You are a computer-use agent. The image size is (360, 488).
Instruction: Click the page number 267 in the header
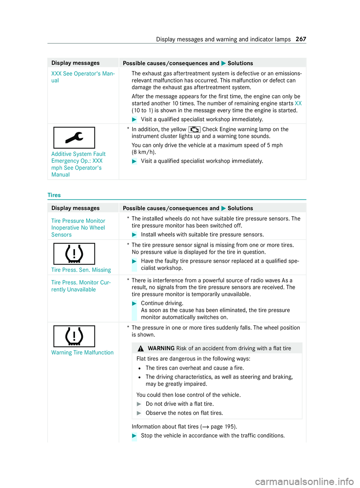[x=301, y=39]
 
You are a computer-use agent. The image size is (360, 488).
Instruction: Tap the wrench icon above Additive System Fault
[x=74, y=138]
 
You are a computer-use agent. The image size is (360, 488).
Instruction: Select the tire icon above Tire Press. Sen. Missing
[x=74, y=254]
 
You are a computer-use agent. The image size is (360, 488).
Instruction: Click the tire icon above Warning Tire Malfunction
[x=74, y=336]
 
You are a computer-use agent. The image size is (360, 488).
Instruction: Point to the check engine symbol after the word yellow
[x=194, y=129]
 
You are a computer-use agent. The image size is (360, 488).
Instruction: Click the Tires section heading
[x=54, y=195]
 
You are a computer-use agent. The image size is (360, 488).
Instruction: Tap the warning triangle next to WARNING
[x=141, y=349]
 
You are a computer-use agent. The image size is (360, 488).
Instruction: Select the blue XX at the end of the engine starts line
[x=298, y=103]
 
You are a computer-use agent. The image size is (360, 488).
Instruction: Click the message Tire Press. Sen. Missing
[x=81, y=270]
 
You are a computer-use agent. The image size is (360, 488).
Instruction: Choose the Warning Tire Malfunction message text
[x=82, y=353]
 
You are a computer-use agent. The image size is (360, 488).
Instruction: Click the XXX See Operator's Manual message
[x=83, y=77]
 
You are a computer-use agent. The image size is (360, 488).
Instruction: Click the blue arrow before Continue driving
[x=135, y=303]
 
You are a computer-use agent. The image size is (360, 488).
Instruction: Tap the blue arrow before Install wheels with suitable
[x=135, y=235]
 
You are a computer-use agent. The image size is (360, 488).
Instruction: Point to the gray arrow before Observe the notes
[x=139, y=413]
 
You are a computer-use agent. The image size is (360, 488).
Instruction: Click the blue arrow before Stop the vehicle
[x=135, y=436]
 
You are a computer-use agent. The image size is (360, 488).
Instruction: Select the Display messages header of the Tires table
[x=75, y=208]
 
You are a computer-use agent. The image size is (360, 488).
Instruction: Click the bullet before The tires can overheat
[x=139, y=368]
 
